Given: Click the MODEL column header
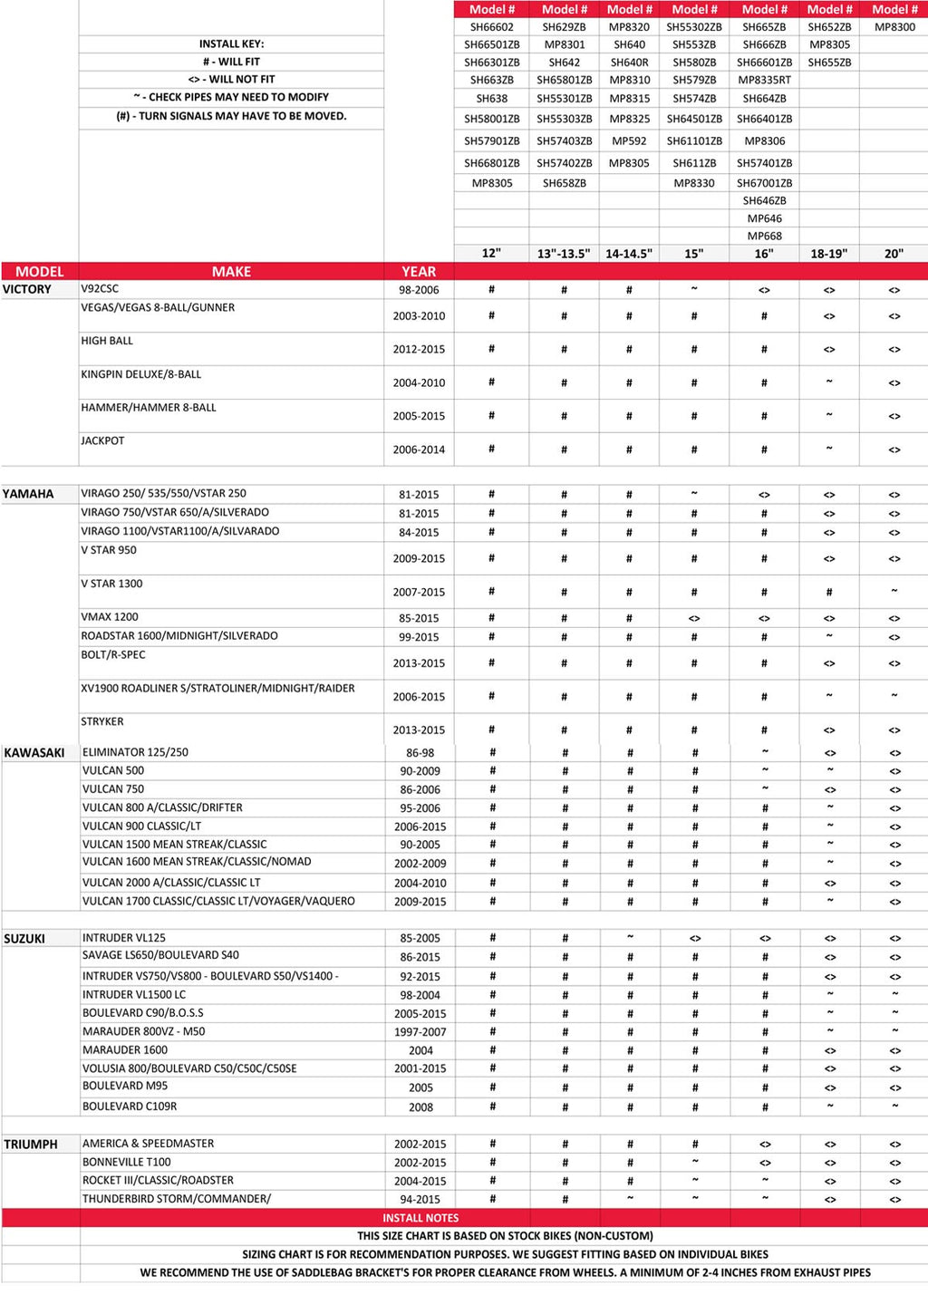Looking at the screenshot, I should tap(40, 271).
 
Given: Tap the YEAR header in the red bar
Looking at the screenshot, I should tap(419, 271).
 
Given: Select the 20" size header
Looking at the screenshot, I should tap(894, 254).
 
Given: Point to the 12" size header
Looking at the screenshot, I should tap(491, 254).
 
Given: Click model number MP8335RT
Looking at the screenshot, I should tap(764, 80).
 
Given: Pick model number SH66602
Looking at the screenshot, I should tap(491, 27).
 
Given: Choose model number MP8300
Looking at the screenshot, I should tap(894, 27).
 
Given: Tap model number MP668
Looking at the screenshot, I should tap(764, 236).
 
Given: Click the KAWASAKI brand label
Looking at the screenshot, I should tap(34, 753).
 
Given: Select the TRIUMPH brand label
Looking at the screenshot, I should tap(31, 1145).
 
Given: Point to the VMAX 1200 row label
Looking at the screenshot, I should tap(110, 617).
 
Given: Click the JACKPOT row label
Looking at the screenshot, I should tap(102, 440).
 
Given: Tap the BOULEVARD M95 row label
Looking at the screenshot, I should tap(125, 1086).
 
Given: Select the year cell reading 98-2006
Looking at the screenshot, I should tap(419, 290).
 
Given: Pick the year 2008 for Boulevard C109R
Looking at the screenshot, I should tap(420, 1107).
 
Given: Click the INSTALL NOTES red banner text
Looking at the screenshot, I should tap(420, 1218).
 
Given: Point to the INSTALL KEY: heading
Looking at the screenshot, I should tap(231, 43).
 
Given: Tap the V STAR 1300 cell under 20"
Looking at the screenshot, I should tap(894, 592).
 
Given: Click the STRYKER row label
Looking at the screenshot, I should tap(102, 721).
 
